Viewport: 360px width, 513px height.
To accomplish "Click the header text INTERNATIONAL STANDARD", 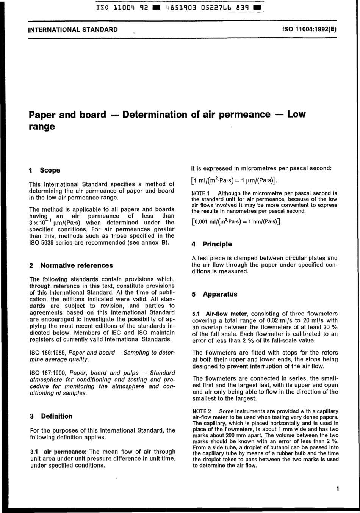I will [x=73, y=30].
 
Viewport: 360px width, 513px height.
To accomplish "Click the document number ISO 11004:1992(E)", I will [x=309, y=30].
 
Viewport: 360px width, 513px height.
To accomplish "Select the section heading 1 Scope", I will [x=45, y=170].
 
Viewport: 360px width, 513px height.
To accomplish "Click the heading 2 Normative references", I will [x=71, y=265].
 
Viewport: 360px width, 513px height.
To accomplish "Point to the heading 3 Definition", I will [x=51, y=416].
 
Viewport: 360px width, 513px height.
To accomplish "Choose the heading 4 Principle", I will [x=212, y=244].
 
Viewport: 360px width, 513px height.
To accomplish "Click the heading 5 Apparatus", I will [x=214, y=294].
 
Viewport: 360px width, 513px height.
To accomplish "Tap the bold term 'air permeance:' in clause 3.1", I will [x=66, y=452].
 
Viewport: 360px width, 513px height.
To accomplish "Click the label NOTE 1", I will [x=201, y=193].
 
